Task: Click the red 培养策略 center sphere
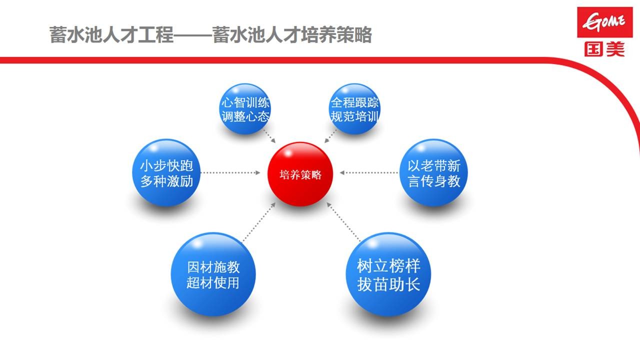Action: pyautogui.click(x=300, y=174)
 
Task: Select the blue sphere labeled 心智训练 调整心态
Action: pyautogui.click(x=245, y=109)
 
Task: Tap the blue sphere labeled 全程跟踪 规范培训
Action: pyautogui.click(x=355, y=109)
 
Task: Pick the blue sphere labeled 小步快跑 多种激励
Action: pyautogui.click(x=166, y=173)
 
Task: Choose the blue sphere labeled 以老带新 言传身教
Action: pyautogui.click(x=433, y=173)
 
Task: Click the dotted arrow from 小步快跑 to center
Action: pyautogui.click(x=231, y=173)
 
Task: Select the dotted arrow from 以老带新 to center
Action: pyautogui.click(x=369, y=173)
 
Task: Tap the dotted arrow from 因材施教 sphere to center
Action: pyautogui.click(x=259, y=222)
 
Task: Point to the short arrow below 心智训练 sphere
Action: pyautogui.click(x=269, y=136)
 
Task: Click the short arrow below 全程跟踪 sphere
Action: pyautogui.click(x=330, y=136)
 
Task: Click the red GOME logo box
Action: pyautogui.click(x=604, y=22)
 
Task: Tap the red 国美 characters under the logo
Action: pyautogui.click(x=604, y=48)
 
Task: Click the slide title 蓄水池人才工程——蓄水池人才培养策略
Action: pyautogui.click(x=210, y=35)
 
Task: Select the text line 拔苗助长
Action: pyautogui.click(x=388, y=284)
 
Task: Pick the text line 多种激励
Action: pyautogui.click(x=166, y=180)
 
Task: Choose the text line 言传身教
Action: pyautogui.click(x=433, y=180)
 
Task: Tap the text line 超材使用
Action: pyautogui.click(x=213, y=283)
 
